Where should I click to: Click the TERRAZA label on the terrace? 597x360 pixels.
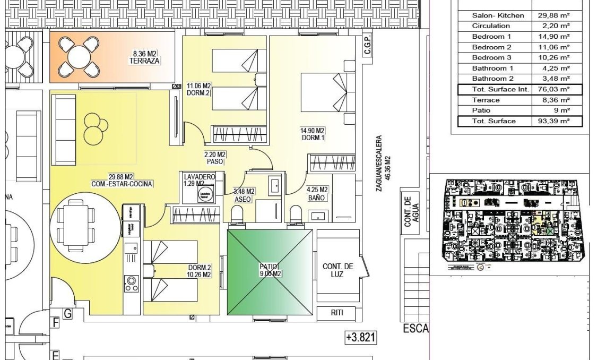[x=144, y=61]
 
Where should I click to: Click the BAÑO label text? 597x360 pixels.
[x=317, y=197]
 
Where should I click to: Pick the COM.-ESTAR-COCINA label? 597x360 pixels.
[x=122, y=184]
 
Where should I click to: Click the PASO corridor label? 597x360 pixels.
[x=215, y=161]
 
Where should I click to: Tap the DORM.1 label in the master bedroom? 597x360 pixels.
[x=313, y=138]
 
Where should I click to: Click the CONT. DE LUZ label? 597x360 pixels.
[x=337, y=270]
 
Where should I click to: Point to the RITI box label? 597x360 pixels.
[x=337, y=313]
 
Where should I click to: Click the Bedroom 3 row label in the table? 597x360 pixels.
[x=491, y=57]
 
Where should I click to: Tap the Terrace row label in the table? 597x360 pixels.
[x=486, y=100]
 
